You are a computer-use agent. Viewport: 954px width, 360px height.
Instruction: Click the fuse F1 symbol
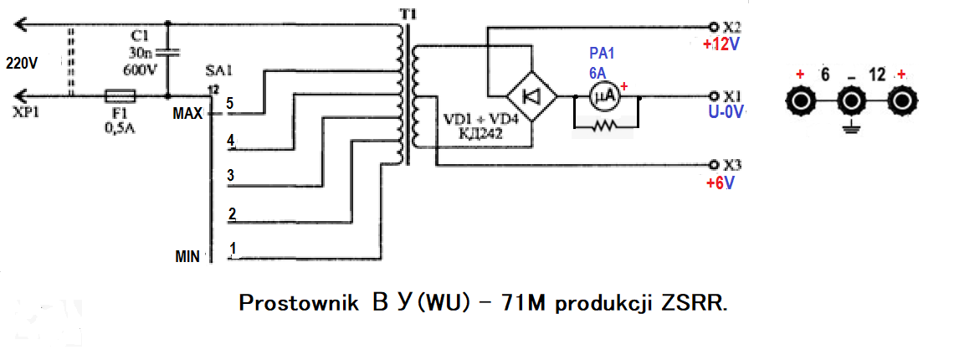point(121,96)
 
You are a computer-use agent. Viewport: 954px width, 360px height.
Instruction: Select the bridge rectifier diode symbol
point(531,96)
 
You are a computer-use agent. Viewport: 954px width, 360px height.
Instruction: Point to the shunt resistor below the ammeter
point(606,126)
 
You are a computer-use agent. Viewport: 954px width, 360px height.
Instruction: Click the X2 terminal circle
point(713,27)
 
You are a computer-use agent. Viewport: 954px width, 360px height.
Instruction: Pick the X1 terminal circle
point(713,96)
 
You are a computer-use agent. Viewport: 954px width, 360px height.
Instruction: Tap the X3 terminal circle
point(713,165)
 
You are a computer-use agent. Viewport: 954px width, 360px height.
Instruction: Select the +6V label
point(719,183)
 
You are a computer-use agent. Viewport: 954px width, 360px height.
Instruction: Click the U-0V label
point(724,113)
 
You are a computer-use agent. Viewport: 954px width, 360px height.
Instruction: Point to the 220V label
point(21,62)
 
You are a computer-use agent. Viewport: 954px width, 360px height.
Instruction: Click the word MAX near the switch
point(187,114)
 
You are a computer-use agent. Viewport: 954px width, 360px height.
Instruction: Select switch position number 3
point(231,176)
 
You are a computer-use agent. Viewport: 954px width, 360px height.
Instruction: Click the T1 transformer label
point(407,12)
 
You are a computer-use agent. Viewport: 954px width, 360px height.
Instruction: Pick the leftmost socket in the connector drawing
point(799,100)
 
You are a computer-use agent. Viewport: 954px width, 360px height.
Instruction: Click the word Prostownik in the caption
point(299,303)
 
